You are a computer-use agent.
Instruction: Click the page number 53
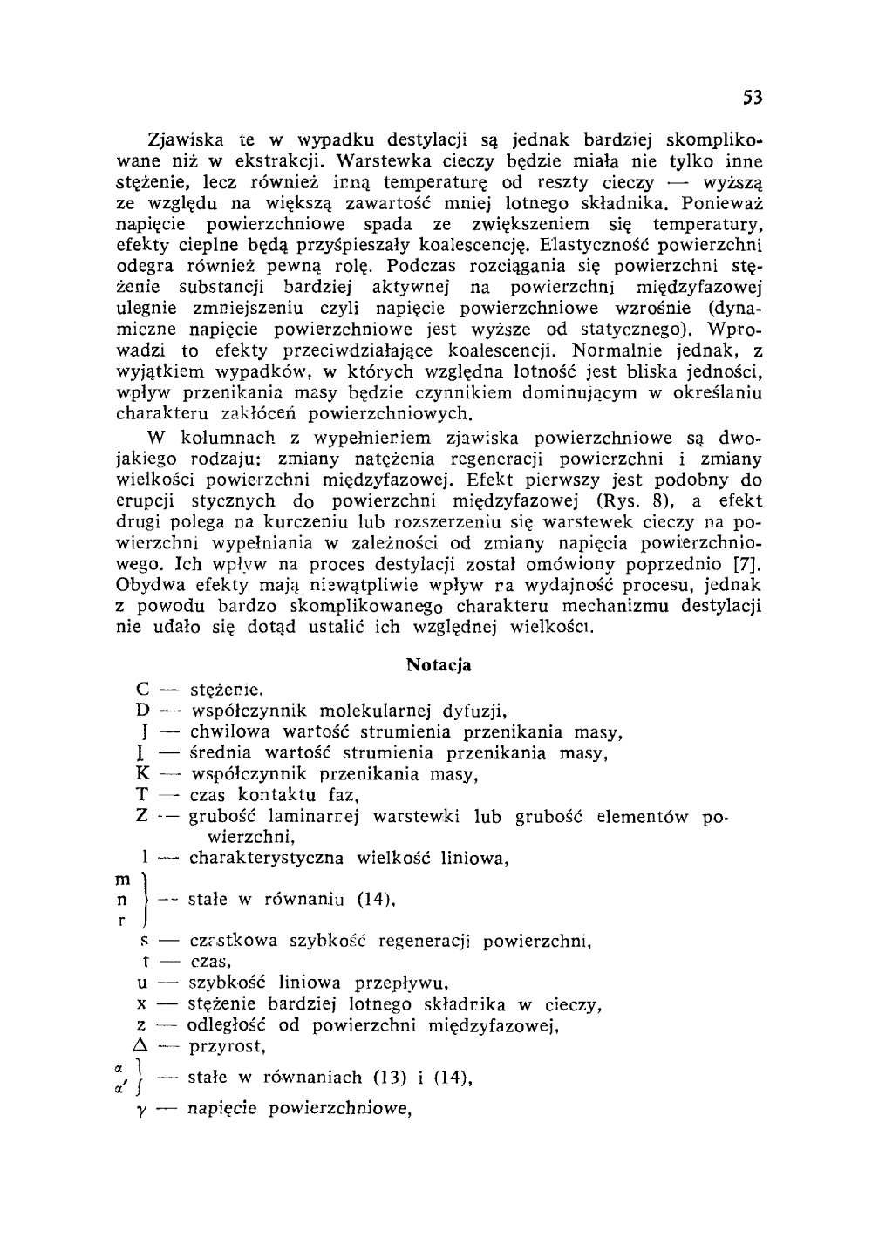(753, 98)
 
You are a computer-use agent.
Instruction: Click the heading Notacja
(439, 665)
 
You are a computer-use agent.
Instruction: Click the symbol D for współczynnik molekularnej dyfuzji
(143, 711)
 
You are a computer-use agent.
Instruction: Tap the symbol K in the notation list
(144, 774)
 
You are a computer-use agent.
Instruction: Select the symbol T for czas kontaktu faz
(143, 795)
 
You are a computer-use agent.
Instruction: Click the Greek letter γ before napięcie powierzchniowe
(141, 1110)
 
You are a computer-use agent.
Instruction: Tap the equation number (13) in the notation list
(390, 1078)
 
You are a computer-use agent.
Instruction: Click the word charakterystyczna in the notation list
(268, 860)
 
